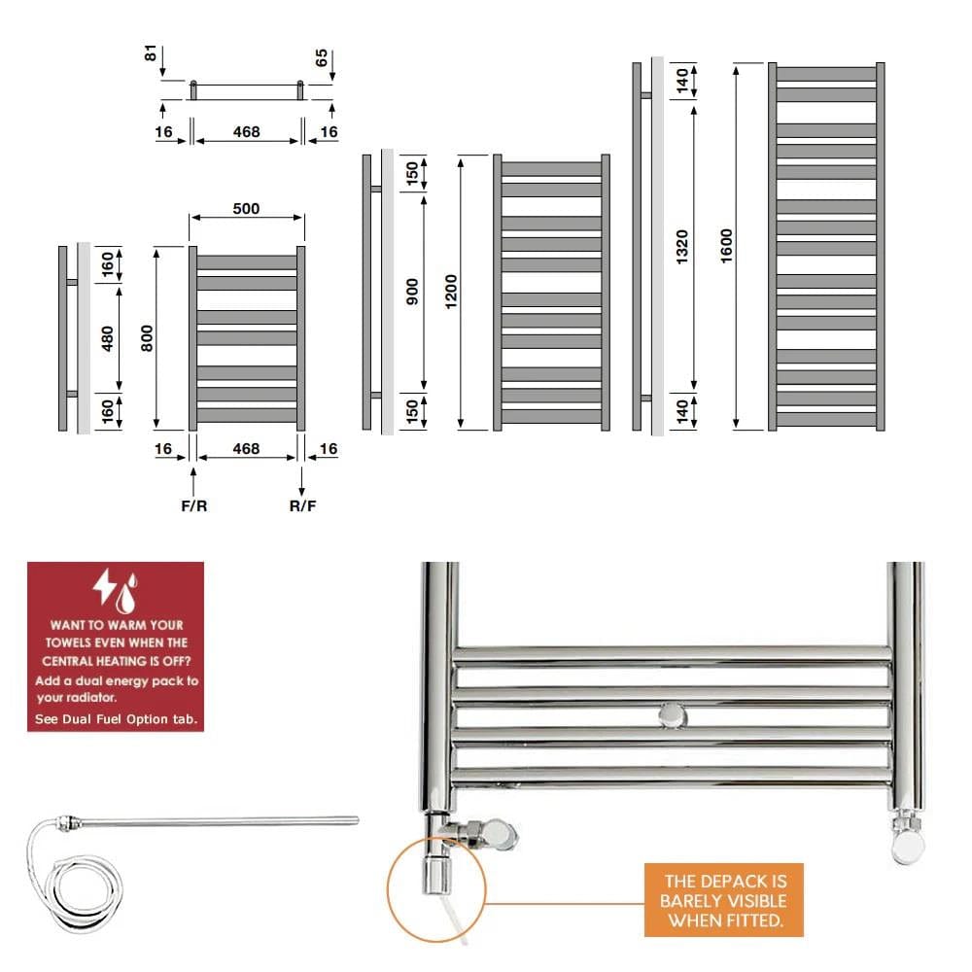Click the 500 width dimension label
click(247, 209)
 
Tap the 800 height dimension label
click(148, 337)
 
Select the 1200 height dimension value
click(450, 292)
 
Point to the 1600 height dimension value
click(727, 245)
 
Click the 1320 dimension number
click(682, 245)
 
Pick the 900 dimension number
click(412, 292)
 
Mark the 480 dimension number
click(108, 337)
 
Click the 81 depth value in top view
click(151, 53)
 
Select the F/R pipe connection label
click(194, 506)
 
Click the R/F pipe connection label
click(302, 506)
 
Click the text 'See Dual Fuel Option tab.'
click(116, 719)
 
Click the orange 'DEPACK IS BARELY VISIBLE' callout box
click(723, 900)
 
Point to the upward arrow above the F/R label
click(194, 480)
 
